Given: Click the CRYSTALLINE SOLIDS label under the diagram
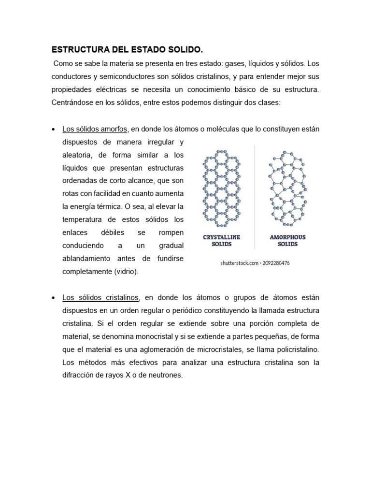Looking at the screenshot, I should click(x=222, y=241).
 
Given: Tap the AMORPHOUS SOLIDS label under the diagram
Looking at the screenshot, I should click(x=287, y=241).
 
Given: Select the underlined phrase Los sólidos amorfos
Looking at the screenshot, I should click(x=95, y=129).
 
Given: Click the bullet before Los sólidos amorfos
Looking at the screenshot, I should click(x=53, y=130).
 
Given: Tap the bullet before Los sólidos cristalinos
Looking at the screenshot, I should click(x=53, y=297).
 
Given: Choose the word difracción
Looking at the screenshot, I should click(x=79, y=375).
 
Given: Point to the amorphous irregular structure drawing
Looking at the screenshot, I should click(x=287, y=189).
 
